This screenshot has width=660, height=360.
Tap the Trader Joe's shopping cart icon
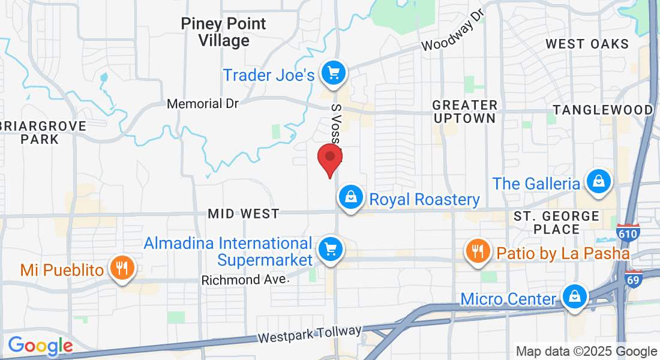click(333, 73)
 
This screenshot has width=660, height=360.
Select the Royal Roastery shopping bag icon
click(349, 197)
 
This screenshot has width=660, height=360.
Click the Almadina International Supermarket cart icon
click(329, 248)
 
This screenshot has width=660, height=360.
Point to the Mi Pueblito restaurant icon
click(123, 268)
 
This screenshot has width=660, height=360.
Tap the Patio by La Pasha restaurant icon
click(478, 251)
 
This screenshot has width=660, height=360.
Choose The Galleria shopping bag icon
click(598, 181)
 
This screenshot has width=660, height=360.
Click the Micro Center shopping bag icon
click(574, 296)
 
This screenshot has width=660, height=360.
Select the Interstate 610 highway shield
click(627, 233)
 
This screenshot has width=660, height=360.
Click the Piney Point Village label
click(223, 32)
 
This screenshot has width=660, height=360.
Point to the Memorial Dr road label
click(203, 104)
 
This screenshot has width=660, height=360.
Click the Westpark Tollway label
click(310, 334)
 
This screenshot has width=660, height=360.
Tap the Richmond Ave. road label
click(248, 280)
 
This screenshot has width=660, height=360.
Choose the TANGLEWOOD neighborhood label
click(603, 110)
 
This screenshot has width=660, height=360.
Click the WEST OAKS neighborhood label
click(587, 44)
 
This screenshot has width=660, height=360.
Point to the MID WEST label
click(243, 214)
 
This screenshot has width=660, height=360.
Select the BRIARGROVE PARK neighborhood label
click(41, 133)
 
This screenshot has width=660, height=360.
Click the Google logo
click(40, 346)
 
